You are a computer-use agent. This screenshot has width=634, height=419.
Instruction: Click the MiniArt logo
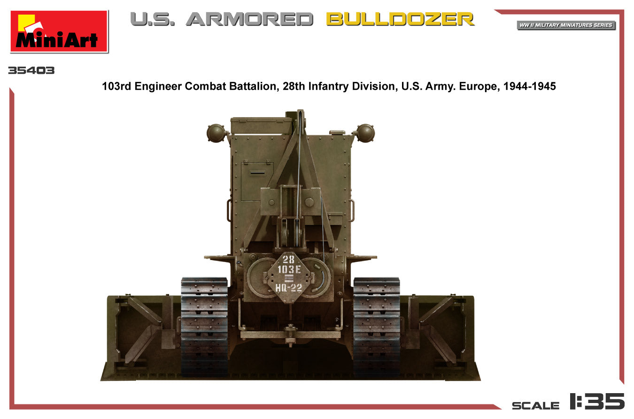(59, 31)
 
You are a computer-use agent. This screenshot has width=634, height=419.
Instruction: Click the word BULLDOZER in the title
(400, 19)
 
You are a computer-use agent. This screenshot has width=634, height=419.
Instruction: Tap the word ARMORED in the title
(249, 19)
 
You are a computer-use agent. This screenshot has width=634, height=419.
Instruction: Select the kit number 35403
(31, 71)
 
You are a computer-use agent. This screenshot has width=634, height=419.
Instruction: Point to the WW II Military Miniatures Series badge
(566, 25)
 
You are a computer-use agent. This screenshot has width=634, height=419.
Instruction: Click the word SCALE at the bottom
(536, 405)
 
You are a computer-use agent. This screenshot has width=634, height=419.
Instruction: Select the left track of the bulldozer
(204, 326)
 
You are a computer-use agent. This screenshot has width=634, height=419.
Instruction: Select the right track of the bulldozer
(376, 326)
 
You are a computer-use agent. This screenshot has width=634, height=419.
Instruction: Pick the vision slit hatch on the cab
(257, 174)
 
